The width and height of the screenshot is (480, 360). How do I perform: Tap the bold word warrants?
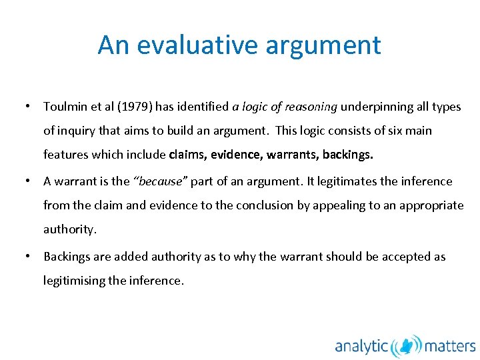point(292,155)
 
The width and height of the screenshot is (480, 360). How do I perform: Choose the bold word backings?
point(348,155)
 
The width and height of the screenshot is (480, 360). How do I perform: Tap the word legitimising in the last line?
point(74,281)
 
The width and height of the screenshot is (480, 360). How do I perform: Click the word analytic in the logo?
point(361,347)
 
